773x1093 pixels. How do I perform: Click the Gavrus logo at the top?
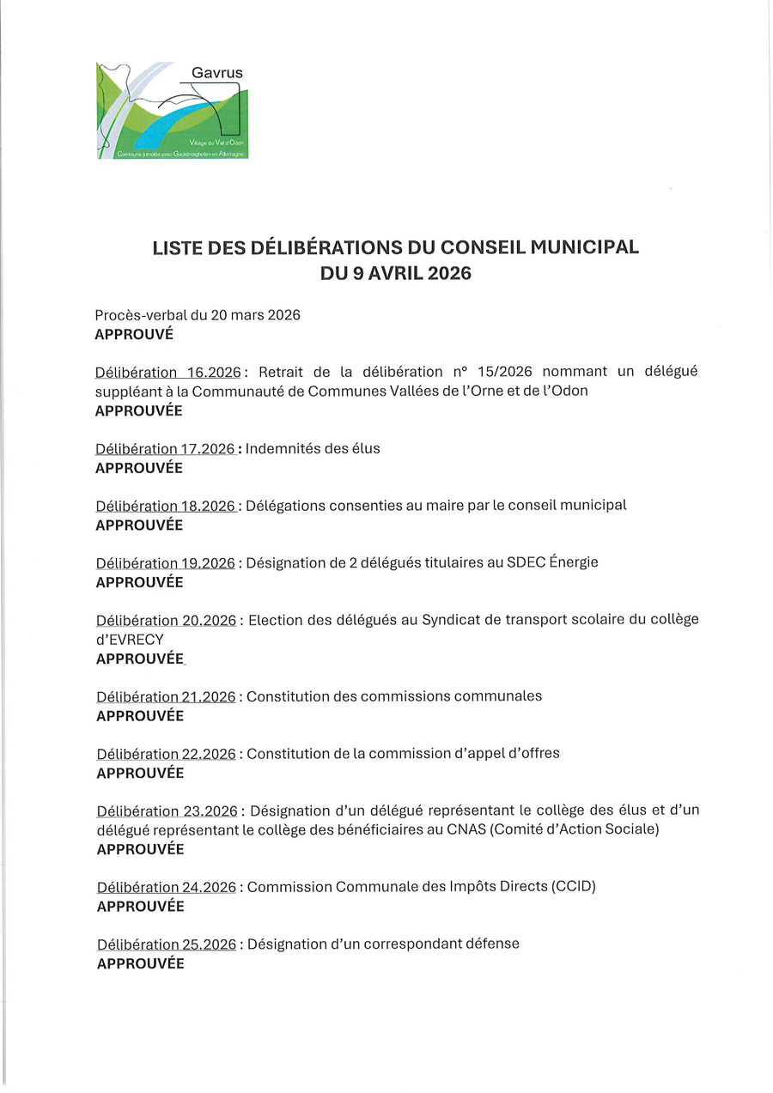pyautogui.click(x=172, y=110)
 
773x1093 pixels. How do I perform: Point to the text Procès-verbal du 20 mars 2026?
pyautogui.click(x=198, y=315)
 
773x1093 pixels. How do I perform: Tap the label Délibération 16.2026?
pyautogui.click(x=168, y=373)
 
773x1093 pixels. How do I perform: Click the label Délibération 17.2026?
pyautogui.click(x=165, y=449)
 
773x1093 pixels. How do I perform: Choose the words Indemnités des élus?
pyautogui.click(x=313, y=449)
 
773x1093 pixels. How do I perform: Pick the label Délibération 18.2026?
pyautogui.click(x=166, y=506)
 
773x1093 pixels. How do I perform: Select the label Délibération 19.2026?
pyautogui.click(x=165, y=563)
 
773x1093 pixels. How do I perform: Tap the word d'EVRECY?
pyautogui.click(x=130, y=640)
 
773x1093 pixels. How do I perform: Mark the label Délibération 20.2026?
pyautogui.click(x=166, y=621)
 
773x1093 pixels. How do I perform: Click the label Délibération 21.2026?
pyautogui.click(x=166, y=697)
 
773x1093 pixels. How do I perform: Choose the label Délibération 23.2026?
pyautogui.click(x=167, y=811)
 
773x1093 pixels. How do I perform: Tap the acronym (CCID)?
pyautogui.click(x=574, y=887)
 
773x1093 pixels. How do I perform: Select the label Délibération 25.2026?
pyautogui.click(x=167, y=944)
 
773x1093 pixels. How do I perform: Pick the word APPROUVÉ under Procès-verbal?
pyautogui.click(x=134, y=334)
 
